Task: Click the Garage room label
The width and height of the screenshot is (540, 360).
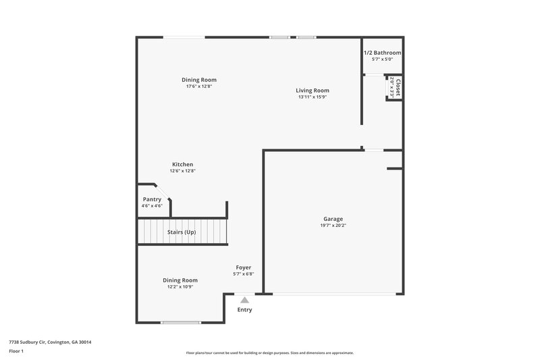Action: (332, 219)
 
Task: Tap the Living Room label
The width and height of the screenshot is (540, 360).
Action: (313, 91)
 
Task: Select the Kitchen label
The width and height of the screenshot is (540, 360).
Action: (182, 164)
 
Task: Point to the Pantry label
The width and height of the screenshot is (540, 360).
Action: (152, 199)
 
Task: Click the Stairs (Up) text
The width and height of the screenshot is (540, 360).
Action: (182, 232)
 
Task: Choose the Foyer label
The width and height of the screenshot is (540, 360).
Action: (243, 267)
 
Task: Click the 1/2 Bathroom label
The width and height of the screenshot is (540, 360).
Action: (382, 53)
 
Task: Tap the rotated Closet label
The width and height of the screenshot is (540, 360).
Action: (398, 88)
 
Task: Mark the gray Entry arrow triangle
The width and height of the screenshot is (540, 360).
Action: (244, 299)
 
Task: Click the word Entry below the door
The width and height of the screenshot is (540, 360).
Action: (244, 310)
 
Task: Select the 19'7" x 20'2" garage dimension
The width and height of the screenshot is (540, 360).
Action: (332, 226)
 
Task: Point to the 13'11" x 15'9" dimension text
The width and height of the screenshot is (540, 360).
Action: (313, 97)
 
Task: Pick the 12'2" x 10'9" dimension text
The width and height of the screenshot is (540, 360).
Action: (180, 286)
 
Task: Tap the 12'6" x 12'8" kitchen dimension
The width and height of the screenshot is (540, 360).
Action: (182, 171)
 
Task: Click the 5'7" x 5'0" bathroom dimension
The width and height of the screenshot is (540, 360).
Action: (382, 59)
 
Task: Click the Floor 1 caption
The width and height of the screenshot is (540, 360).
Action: (17, 352)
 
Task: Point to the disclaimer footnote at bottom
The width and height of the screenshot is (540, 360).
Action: (269, 353)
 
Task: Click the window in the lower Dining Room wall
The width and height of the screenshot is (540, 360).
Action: (181, 323)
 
